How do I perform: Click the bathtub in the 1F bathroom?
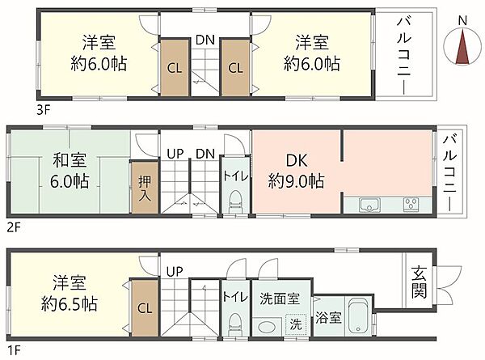359,319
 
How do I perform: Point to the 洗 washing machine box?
296,324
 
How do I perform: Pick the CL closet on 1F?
144,307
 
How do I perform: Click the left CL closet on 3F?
174,68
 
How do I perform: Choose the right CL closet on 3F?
234,68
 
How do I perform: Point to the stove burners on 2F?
411,203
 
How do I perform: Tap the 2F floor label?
13,229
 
